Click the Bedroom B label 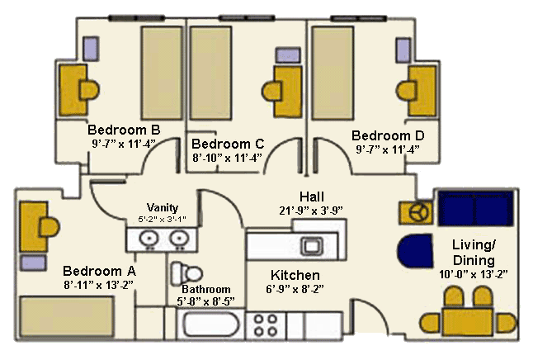124,130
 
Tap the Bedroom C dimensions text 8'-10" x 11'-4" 227,156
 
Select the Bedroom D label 387,135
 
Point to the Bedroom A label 99,271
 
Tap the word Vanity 163,207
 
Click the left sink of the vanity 149,239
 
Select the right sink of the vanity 177,239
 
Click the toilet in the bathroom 188,272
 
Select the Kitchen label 295,275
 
